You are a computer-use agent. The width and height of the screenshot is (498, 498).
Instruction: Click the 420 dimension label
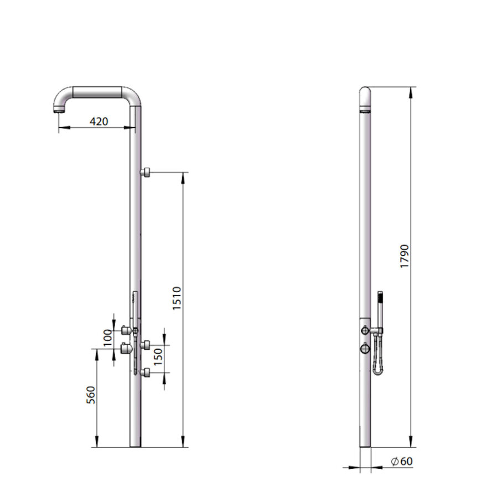click(99, 121)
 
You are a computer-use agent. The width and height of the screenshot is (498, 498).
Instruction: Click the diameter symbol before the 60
click(395, 461)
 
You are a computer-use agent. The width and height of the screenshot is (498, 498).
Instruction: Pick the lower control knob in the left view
click(126, 349)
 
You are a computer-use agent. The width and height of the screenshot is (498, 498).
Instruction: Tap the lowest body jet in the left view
click(147, 372)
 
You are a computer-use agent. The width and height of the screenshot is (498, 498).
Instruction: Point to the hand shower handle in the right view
click(380, 302)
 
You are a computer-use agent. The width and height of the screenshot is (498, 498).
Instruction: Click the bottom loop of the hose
click(377, 371)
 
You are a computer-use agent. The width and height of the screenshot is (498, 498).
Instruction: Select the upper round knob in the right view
click(365, 330)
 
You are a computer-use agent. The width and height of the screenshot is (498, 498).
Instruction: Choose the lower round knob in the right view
click(365, 348)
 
